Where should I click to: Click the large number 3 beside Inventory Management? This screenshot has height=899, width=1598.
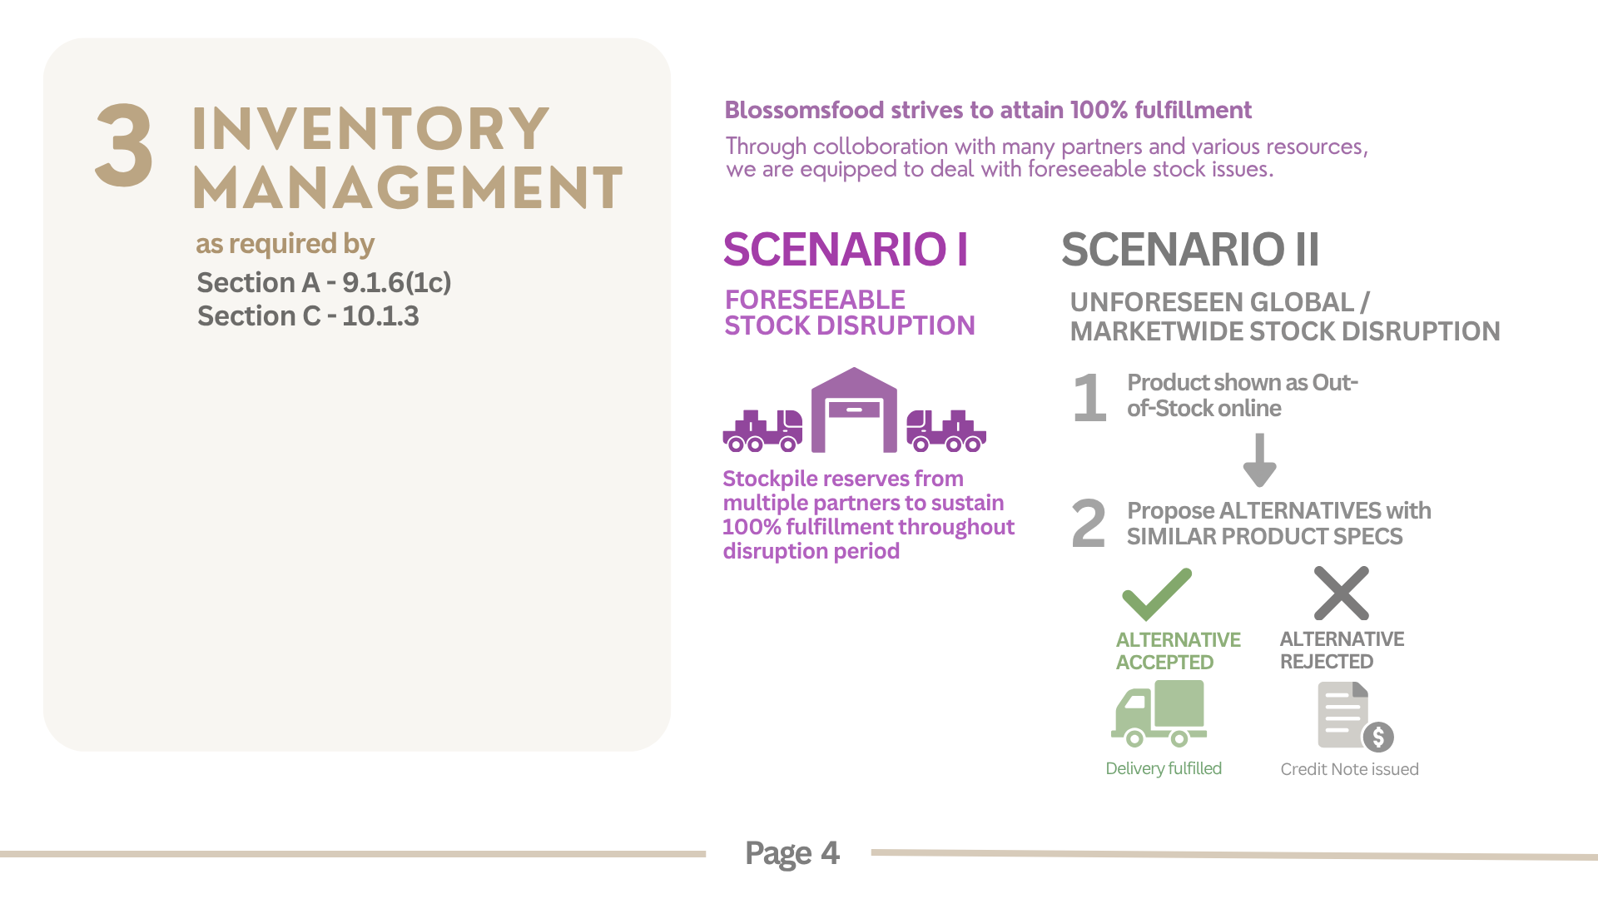[124, 146]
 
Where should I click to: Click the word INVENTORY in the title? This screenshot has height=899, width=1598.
[370, 130]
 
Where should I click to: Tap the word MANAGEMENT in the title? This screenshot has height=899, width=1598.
[407, 187]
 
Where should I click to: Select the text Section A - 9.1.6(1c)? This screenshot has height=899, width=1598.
[324, 283]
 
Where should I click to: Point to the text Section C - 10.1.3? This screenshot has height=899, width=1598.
[308, 316]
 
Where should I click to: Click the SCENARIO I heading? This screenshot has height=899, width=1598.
[846, 249]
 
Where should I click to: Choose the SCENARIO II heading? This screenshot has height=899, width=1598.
[1190, 249]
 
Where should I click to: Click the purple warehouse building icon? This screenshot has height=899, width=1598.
[854, 410]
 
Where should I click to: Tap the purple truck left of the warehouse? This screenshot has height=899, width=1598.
[762, 430]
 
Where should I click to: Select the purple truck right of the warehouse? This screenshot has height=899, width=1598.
[946, 430]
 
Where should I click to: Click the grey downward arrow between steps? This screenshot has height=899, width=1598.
[1260, 460]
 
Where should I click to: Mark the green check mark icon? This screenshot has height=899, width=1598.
[1157, 594]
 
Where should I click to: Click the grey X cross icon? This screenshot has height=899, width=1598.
[1342, 594]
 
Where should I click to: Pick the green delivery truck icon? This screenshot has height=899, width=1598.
[1159, 713]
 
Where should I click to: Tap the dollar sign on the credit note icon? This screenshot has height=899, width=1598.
[1378, 737]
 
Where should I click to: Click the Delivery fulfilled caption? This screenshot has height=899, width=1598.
[1164, 768]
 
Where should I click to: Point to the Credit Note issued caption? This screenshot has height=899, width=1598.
[1349, 769]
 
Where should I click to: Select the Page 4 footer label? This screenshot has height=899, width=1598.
[792, 853]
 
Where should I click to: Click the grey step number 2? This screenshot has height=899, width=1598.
[1089, 524]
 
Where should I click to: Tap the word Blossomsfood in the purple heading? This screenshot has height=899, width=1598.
[804, 110]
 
